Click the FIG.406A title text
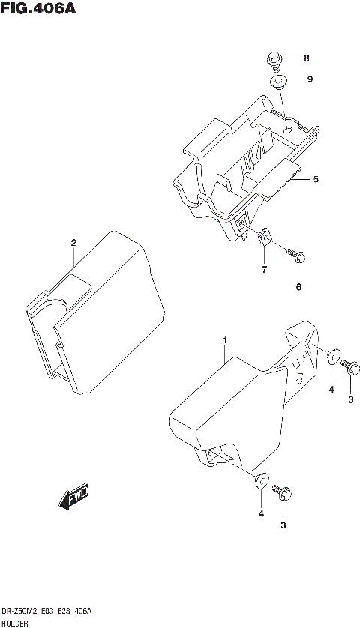click(x=39, y=10)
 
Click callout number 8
click(x=307, y=58)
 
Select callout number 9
click(x=309, y=79)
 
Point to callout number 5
click(x=316, y=179)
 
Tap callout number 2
click(x=73, y=242)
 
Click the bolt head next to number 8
click(x=275, y=59)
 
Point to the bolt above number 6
click(x=297, y=256)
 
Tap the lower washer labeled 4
click(x=262, y=480)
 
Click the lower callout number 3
click(x=283, y=525)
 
